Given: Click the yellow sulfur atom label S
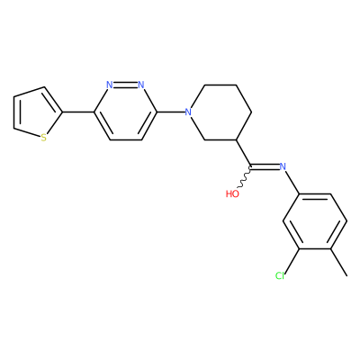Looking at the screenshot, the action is pos(44,138).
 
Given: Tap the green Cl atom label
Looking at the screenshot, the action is pos(280,275).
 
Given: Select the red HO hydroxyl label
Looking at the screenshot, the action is pos(232,193).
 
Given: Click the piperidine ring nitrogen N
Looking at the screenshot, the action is pos(188,112).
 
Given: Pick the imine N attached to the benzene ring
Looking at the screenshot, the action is pos(283,166).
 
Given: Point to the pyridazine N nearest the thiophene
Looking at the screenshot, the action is pos(110,85).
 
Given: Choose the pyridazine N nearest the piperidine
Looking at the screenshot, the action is pos(141,85).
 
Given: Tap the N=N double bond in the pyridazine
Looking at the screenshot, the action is pos(125,85).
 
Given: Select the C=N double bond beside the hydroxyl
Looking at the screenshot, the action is pos(265,166).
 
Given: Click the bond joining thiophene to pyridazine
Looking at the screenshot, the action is pos(78,112).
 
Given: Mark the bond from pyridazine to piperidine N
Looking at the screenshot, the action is pos(170,112).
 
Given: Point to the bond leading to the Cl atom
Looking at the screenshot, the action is pos(292,260).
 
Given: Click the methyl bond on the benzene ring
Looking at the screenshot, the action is pos(339,262).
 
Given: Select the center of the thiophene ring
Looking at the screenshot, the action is pos(34,113).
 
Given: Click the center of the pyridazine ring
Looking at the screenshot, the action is pos(125,112).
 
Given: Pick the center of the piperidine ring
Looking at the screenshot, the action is pos(220,112).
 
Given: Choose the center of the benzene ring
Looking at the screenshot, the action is pos(315,221).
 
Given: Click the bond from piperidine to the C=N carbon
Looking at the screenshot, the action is pos(244,153).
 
